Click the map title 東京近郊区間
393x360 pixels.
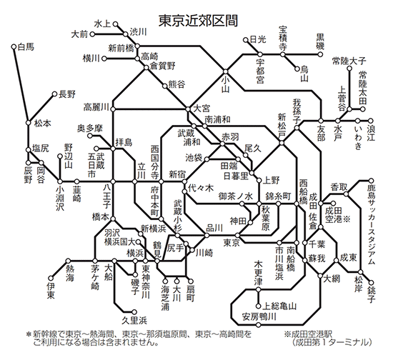point(198,21)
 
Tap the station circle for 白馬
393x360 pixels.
point(14,46)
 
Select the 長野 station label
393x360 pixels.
point(67,94)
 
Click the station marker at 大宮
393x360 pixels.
point(188,109)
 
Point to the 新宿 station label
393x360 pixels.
point(177,174)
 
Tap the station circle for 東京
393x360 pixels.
point(237,236)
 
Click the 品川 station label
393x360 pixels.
point(214,228)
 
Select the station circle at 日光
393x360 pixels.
point(246,39)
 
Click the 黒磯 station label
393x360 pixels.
point(320,42)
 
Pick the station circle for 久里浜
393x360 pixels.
point(134,312)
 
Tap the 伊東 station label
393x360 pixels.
point(51,291)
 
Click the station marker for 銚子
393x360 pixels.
point(371,283)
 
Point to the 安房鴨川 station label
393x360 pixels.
point(259,316)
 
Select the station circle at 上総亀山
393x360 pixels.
point(259,306)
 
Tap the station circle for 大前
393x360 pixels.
point(92,34)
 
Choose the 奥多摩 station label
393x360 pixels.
point(90,129)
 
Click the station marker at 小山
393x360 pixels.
point(225,71)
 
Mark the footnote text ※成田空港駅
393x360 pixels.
point(308,334)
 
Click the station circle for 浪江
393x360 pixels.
point(370,121)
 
